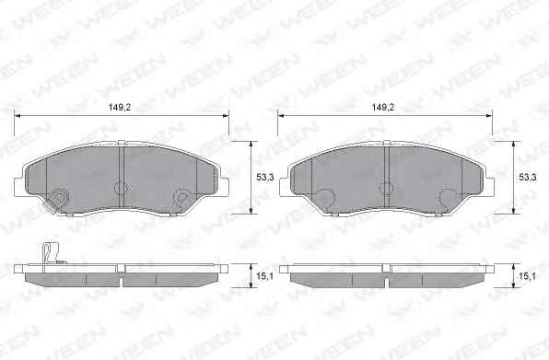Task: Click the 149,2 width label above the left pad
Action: coord(120,108)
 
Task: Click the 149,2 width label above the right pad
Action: coord(382,108)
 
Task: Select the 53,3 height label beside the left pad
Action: coord(265,178)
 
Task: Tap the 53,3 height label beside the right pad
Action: coord(528,178)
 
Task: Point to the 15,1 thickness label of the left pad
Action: coord(265,276)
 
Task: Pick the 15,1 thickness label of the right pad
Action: coord(528,276)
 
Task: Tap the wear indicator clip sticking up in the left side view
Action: coord(52,253)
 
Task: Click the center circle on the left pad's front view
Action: coord(120,188)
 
